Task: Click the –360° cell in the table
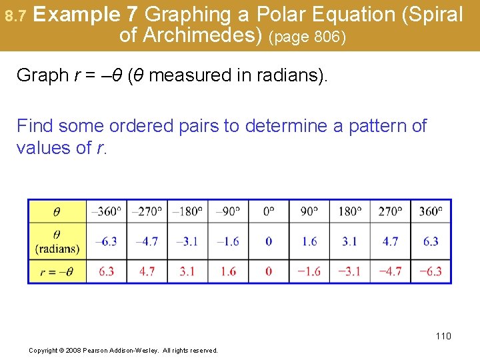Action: tap(106, 211)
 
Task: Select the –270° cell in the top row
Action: tap(147, 211)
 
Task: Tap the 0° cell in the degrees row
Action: tap(268, 211)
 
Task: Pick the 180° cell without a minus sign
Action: tap(349, 211)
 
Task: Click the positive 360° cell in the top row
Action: tap(431, 211)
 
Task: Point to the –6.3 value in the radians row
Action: tap(106, 241)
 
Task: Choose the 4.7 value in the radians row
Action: tap(390, 241)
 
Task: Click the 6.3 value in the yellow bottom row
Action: tap(106, 271)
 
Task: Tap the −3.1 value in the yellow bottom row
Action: tap(349, 271)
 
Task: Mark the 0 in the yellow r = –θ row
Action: tap(268, 271)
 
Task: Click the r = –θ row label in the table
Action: tap(57, 271)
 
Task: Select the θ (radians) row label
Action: tap(57, 241)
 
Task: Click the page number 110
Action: tap(443, 336)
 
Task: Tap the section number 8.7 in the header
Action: tap(14, 15)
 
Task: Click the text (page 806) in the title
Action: tap(307, 37)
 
